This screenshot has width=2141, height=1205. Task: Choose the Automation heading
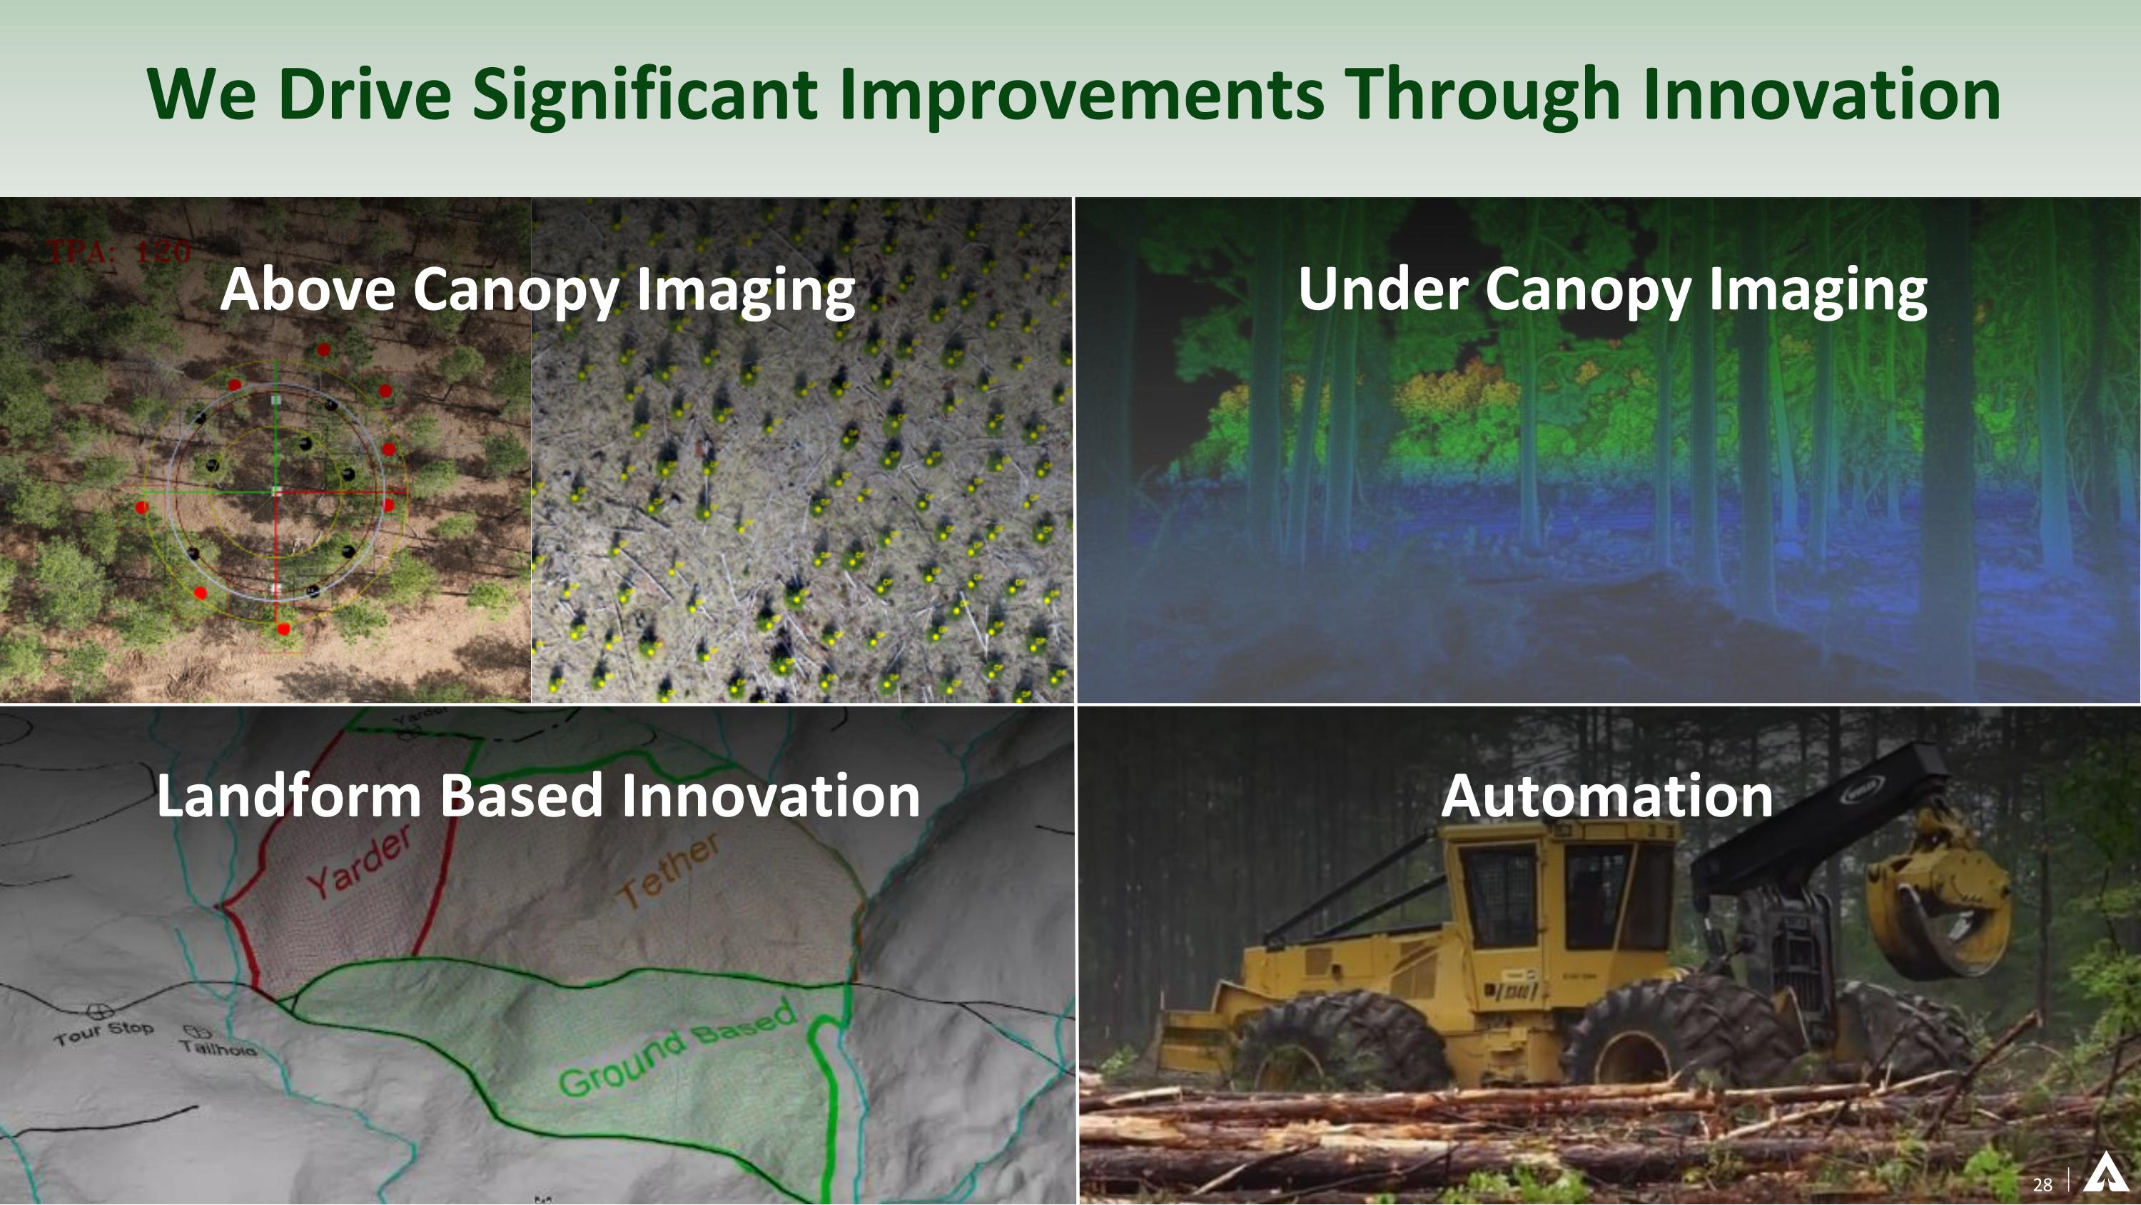(x=1606, y=796)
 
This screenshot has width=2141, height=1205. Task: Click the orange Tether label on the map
(x=670, y=870)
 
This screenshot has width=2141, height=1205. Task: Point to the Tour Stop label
(x=104, y=1032)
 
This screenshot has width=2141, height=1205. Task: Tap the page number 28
(x=2042, y=1184)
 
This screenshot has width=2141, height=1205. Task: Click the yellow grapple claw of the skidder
(x=1937, y=906)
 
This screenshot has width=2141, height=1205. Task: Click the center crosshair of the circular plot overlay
(x=277, y=491)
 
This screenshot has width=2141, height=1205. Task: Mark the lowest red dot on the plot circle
(x=283, y=629)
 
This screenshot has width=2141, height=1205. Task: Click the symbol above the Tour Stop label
(x=100, y=1011)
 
